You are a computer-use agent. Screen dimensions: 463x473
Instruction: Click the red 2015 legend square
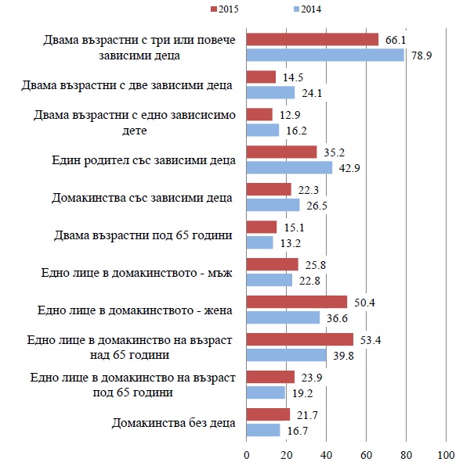point(214,9)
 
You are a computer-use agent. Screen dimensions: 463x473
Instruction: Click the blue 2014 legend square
point(296,9)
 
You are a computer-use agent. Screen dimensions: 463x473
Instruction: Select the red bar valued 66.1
point(313,40)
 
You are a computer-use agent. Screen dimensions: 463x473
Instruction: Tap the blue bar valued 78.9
point(325,56)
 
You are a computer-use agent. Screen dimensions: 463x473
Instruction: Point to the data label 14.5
point(293,77)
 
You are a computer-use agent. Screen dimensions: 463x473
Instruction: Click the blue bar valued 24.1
point(270,92)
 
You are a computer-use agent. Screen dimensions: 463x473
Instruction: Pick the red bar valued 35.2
point(282,152)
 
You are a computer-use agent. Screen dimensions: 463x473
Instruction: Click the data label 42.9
point(349,168)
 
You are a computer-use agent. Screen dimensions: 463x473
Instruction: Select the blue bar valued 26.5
point(273,205)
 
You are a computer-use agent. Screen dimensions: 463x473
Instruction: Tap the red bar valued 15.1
point(262,228)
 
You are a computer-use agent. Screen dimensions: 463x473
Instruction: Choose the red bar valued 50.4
point(297,302)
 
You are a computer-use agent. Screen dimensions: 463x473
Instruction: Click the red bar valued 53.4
point(300,339)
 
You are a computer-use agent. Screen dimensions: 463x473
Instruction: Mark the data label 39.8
point(343,356)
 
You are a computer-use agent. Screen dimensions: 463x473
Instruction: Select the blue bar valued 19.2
point(266,392)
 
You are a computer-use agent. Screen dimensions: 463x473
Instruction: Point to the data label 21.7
point(307,415)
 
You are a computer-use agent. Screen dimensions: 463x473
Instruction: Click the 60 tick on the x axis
point(367,455)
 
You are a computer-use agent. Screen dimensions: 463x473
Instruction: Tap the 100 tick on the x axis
point(446,455)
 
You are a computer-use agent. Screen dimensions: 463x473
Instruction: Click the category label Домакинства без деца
point(173,423)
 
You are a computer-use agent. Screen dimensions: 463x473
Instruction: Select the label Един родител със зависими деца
point(143,160)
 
